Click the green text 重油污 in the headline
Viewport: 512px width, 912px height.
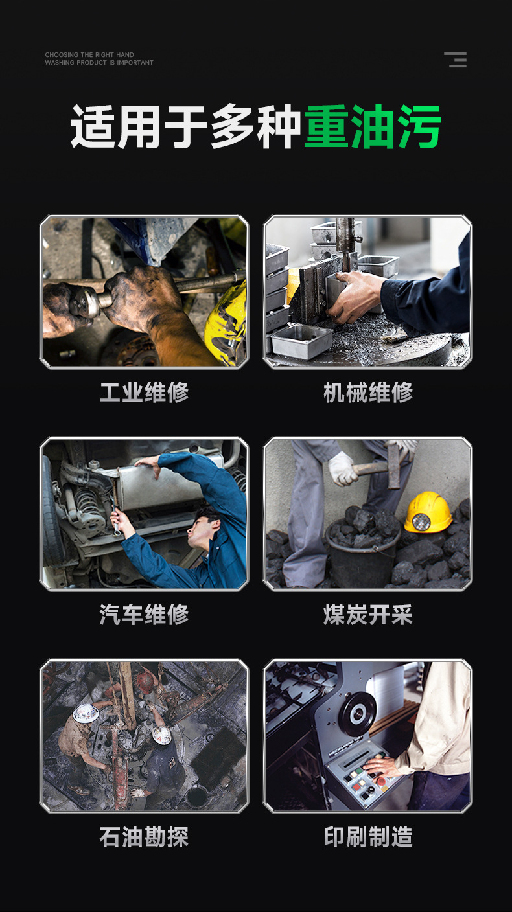(x=373, y=126)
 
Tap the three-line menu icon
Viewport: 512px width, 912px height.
(x=456, y=60)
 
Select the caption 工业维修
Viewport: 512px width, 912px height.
(x=144, y=392)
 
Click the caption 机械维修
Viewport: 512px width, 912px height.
(x=368, y=392)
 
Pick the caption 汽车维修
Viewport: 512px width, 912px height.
(x=144, y=615)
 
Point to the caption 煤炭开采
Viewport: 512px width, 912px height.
(x=368, y=615)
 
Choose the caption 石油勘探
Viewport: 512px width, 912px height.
(x=144, y=837)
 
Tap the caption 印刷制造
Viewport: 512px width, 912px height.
(x=368, y=837)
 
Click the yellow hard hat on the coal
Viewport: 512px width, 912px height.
(x=428, y=512)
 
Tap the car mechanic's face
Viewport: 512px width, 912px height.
(x=198, y=530)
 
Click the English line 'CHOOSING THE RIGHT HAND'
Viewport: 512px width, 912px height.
(x=89, y=55)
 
